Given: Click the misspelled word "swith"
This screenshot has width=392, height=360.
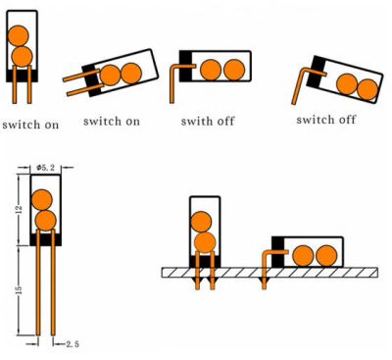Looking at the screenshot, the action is tap(195, 121).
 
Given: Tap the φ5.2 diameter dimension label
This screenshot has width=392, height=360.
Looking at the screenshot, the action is tap(45, 168).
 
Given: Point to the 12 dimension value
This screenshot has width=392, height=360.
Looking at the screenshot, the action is tap(19, 208).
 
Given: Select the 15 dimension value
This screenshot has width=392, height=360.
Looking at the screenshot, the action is tap(19, 289).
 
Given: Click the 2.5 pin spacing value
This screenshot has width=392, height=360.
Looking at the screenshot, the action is tap(73, 344).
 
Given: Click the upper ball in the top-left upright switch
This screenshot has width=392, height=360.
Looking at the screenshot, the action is tap(18, 35).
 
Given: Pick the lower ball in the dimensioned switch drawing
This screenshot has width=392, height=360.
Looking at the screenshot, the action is tap(46, 221).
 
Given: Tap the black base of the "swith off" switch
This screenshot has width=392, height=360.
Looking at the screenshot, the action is tap(185, 66).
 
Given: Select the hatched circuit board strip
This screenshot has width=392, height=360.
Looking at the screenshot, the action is tap(269, 273).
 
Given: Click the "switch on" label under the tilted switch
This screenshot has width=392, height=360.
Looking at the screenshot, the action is tap(112, 121).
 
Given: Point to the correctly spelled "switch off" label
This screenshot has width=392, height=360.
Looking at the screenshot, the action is tap(325, 120).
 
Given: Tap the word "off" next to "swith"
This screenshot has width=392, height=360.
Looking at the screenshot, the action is tap(225, 121).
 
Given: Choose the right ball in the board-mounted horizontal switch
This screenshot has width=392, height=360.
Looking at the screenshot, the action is tap(326, 256).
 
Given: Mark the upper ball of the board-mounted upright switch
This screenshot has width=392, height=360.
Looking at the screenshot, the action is tap(201, 222).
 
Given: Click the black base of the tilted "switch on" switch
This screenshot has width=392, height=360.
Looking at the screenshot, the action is tap(92, 80).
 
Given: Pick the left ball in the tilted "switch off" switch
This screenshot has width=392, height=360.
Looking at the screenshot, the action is tap(347, 84).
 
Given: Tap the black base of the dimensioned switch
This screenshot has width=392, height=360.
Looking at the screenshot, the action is tap(46, 239).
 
